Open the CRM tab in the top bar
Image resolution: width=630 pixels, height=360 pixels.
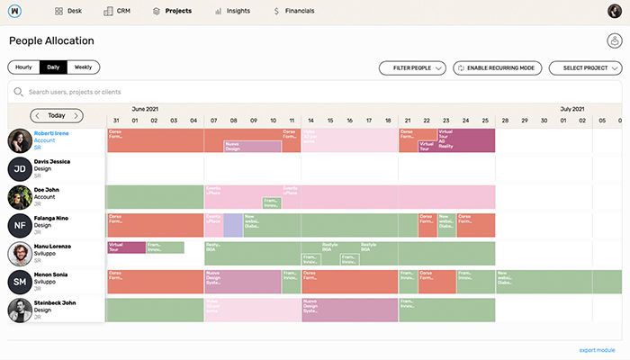coord(117,11)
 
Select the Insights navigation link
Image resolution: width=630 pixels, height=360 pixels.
coord(232,11)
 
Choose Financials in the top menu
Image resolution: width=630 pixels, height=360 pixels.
coord(294,11)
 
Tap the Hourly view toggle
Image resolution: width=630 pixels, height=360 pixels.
coord(23,67)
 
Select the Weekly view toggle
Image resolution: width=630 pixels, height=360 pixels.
coord(83,67)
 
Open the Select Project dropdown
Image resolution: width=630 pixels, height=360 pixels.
coord(585,67)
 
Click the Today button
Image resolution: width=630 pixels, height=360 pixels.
coord(57,115)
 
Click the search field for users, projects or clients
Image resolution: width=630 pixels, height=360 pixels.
coord(180,92)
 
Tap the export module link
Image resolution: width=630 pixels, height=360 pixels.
coord(597,349)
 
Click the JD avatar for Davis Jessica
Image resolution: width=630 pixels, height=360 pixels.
coord(21,169)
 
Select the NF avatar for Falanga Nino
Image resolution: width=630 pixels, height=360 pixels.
coord(21,225)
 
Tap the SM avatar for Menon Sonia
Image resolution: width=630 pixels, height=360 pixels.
coord(21,282)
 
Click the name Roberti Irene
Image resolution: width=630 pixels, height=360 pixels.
coord(51,132)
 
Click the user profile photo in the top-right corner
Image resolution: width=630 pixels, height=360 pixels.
coord(613,11)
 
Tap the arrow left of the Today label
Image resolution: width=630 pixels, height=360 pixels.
coord(36,115)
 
